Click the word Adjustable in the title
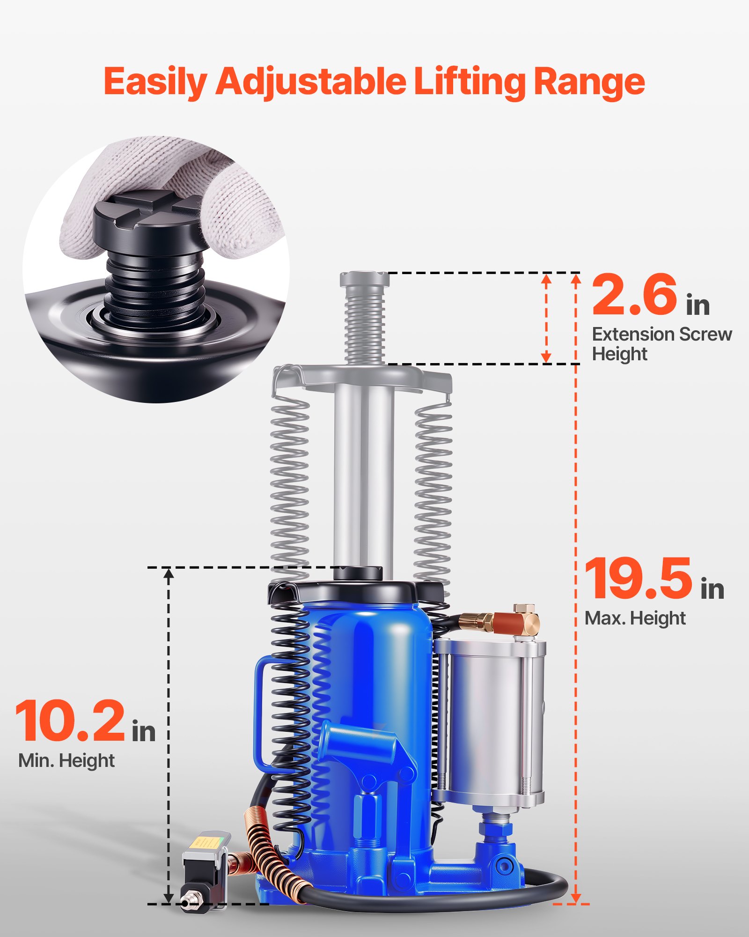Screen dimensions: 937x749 (x=311, y=82)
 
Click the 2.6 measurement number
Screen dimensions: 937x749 (x=634, y=296)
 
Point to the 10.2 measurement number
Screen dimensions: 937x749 (x=70, y=722)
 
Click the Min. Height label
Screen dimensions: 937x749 (x=66, y=760)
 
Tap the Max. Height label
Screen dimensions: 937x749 (x=635, y=618)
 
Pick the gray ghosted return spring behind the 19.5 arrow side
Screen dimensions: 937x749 (x=433, y=492)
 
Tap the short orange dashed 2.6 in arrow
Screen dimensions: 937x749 (x=546, y=319)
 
